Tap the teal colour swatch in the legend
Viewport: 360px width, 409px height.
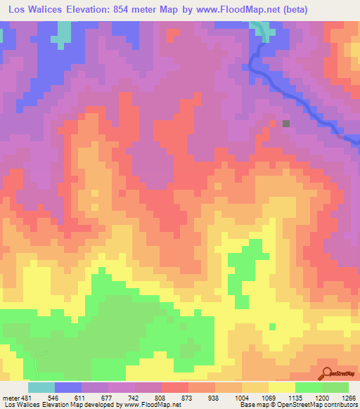tap(41, 387)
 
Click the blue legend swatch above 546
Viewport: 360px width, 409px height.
tap(68, 387)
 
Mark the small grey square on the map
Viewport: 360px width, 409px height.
tap(286, 123)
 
